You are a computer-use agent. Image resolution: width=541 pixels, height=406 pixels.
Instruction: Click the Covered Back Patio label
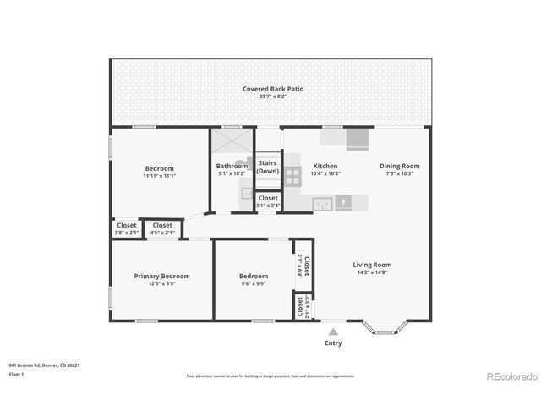pos(272,89)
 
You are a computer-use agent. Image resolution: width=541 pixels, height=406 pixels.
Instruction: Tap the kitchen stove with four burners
pos(292,176)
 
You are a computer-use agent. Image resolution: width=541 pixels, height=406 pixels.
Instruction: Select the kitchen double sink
pos(321,202)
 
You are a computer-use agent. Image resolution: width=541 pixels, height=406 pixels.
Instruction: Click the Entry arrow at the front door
pos(333,332)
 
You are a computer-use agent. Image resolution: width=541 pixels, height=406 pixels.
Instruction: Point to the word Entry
pos(334,343)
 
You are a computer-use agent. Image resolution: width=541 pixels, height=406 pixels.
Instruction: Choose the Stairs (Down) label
pos(268,167)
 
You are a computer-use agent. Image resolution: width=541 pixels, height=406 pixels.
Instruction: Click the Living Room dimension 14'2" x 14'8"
pos(372,273)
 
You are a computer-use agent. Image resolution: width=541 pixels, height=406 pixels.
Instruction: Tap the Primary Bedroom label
pos(161,276)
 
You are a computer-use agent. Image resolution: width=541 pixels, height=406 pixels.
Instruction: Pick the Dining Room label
pos(399,166)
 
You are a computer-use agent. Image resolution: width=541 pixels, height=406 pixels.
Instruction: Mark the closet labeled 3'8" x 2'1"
pos(127,228)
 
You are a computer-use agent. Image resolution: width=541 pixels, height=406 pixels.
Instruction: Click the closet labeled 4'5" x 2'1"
pos(162,228)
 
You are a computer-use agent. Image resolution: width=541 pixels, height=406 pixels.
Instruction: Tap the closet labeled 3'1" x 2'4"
pos(268,201)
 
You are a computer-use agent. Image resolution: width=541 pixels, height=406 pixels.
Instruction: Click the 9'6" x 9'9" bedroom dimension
pos(254,284)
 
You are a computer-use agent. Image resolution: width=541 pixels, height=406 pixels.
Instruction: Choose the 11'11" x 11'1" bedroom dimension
pos(159,176)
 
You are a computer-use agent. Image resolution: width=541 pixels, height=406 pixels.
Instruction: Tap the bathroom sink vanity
pos(246,193)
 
